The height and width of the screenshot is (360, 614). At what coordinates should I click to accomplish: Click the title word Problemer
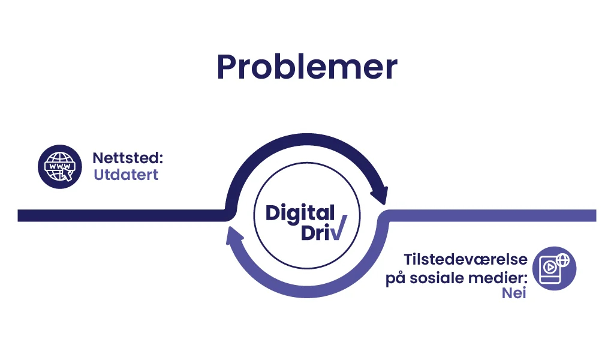(307, 67)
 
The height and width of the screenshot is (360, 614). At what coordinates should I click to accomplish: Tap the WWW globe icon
(60, 167)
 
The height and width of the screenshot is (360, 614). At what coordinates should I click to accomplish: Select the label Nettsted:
(128, 158)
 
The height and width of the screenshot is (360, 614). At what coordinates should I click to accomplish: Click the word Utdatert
(126, 175)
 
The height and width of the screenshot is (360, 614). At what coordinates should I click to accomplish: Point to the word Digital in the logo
(300, 214)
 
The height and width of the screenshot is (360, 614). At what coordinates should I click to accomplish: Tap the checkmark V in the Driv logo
(338, 227)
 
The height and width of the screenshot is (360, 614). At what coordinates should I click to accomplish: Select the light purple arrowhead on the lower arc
(234, 235)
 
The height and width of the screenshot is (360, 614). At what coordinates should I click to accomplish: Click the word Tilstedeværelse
(465, 259)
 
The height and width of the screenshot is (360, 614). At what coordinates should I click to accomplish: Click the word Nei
(514, 293)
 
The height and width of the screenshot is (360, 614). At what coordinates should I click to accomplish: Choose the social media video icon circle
(554, 268)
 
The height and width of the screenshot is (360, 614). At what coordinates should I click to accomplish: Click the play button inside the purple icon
(550, 267)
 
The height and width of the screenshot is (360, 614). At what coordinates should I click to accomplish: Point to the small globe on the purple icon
(563, 260)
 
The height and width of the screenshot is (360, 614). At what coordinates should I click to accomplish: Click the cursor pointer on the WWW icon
(67, 175)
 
